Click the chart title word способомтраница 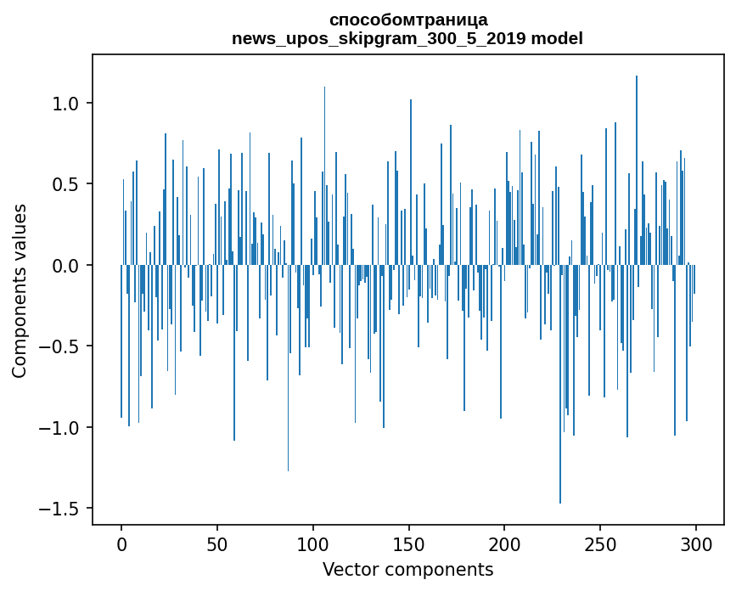click(x=407, y=20)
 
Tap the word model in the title click(x=557, y=39)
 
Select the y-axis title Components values click(x=20, y=290)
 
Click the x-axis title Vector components click(x=407, y=569)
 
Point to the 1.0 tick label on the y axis click(x=65, y=104)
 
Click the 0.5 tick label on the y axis click(x=65, y=184)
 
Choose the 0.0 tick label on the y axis click(x=65, y=266)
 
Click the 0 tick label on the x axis click(x=121, y=543)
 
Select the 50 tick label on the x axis click(x=217, y=543)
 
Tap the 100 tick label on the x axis click(x=313, y=543)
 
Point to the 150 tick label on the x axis click(x=409, y=543)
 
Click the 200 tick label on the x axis click(x=505, y=543)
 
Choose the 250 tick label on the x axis click(x=601, y=543)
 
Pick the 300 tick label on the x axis click(x=697, y=543)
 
